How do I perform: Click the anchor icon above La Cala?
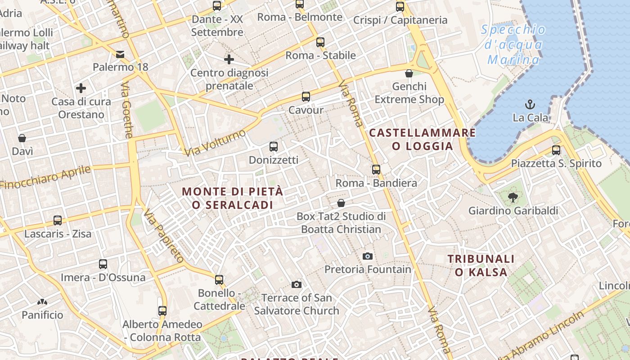point(530,104)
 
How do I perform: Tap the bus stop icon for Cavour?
point(306,96)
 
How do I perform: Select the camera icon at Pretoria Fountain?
point(368,256)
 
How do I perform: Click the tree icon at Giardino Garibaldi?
point(512,197)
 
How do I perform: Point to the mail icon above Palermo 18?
point(120,54)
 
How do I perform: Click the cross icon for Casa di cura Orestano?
point(81,88)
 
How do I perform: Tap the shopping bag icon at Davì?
point(22,138)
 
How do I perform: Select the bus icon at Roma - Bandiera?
point(376,170)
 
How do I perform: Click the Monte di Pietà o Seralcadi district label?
point(233,198)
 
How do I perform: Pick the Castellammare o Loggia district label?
point(422,139)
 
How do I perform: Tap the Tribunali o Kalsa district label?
point(481,265)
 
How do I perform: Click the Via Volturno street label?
point(216,143)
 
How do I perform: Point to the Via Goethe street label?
point(127,111)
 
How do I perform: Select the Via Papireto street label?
point(164,235)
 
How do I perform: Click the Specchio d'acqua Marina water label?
point(513,45)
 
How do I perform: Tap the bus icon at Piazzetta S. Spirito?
point(556,150)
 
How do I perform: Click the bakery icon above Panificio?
point(42,302)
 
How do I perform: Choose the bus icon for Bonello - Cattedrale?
point(219,280)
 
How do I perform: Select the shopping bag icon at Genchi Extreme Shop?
point(409,73)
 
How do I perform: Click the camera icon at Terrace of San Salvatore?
point(296,284)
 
